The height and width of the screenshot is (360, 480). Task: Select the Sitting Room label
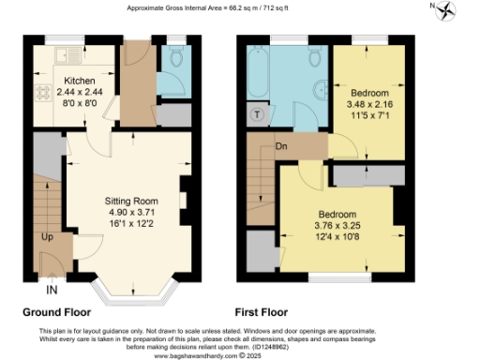130,201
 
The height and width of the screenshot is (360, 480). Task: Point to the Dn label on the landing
280,146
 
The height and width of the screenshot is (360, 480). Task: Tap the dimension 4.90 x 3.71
130,212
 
